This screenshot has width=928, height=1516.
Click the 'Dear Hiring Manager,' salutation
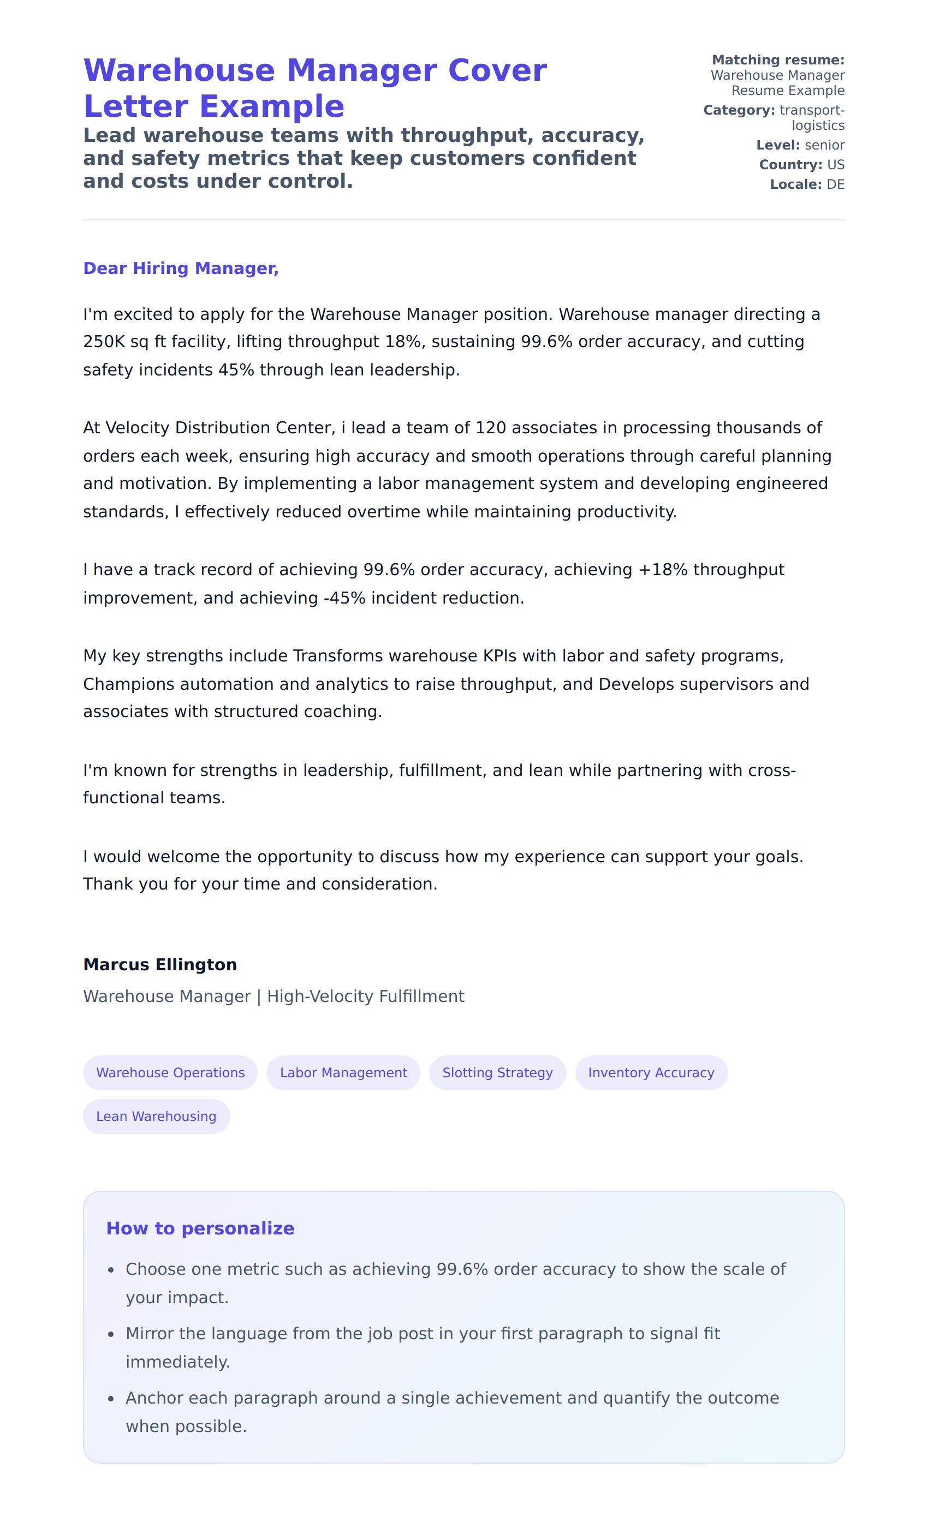180,268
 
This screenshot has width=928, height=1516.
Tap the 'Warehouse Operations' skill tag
170,1072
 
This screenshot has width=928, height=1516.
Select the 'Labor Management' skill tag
343,1072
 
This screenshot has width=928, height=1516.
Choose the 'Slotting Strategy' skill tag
497,1072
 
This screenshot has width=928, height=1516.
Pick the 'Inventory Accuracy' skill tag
651,1072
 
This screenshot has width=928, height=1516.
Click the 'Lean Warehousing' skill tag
156,1116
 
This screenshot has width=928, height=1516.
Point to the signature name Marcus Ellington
159,964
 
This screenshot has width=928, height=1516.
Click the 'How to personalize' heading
200,1228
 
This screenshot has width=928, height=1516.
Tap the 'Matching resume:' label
778,59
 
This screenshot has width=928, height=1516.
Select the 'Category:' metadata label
739,110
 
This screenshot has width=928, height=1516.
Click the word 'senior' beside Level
825,145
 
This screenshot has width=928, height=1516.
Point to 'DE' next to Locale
835,184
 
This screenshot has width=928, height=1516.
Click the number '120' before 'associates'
490,428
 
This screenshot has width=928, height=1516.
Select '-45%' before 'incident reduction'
344,598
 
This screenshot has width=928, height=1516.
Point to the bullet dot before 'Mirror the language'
111,1334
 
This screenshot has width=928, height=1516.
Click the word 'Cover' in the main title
497,70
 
